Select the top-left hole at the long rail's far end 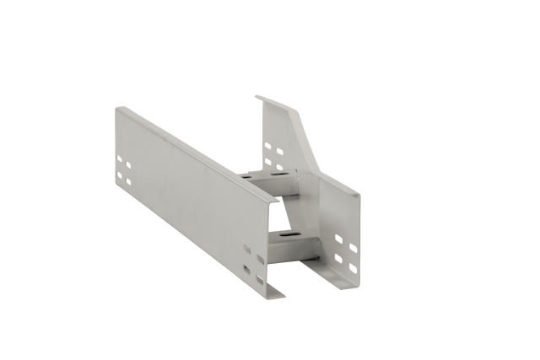(120, 158)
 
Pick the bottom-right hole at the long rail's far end (128, 181)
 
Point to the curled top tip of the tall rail (258, 97)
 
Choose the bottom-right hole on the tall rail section (277, 164)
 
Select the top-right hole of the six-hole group (352, 239)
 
